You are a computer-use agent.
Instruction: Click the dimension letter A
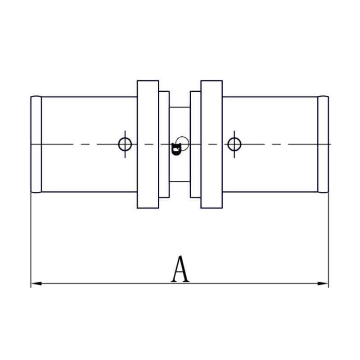coord(180,269)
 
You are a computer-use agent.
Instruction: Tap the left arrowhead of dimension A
coord(36,283)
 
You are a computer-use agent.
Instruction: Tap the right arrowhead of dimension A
coord(323,283)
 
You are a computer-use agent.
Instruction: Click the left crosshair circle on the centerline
coord(125,144)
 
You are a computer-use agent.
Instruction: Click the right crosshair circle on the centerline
coord(234,144)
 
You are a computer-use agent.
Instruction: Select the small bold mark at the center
coord(176,149)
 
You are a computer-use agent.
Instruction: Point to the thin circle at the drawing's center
coord(182,137)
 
